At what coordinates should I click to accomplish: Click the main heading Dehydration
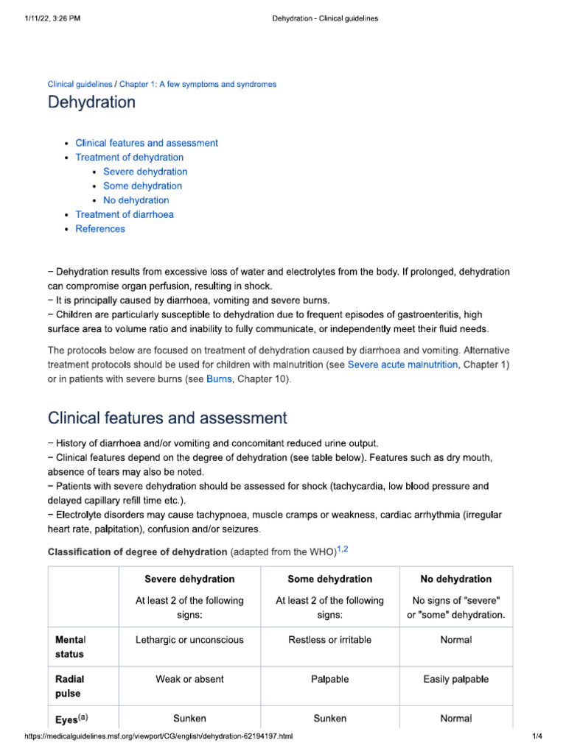tap(91, 102)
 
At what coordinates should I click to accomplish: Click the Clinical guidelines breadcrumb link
tap(80, 85)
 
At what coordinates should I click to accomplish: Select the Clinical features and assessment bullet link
tap(147, 143)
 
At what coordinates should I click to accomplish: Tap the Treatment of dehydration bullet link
tap(130, 158)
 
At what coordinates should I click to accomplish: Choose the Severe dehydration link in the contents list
tap(145, 172)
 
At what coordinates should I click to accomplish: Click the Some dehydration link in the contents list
tap(142, 186)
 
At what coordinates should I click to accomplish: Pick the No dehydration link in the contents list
tap(136, 200)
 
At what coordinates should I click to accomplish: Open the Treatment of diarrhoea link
tap(125, 214)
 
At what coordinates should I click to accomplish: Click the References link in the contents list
tap(100, 229)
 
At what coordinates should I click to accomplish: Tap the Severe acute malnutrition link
tap(402, 364)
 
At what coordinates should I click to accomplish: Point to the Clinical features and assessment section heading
tap(167, 418)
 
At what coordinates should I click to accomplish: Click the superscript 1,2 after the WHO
tap(343, 549)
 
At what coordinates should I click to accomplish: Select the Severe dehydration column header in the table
tap(189, 579)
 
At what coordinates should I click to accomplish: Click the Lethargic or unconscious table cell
tap(189, 640)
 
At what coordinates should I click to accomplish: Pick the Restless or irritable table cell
tap(329, 640)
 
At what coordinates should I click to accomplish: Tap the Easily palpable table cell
tap(455, 680)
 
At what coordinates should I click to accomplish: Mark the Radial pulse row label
tap(69, 686)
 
